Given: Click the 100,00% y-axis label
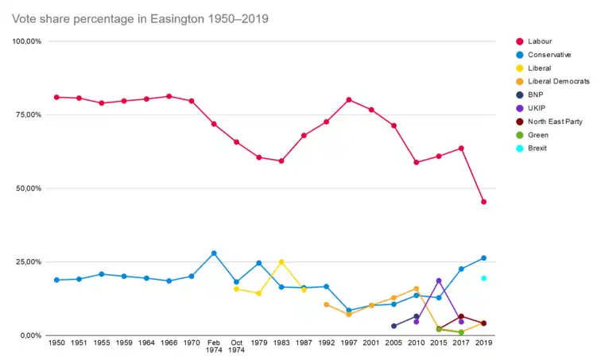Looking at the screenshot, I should (x=26, y=41).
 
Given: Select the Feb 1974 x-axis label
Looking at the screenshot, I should (x=214, y=346).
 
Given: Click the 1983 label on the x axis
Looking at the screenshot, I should (x=281, y=343).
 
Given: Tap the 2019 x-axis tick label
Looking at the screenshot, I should (x=483, y=343).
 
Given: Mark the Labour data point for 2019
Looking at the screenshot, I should (x=483, y=202).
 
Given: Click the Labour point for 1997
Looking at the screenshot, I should (x=349, y=100).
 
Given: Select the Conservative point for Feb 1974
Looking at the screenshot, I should (x=214, y=253).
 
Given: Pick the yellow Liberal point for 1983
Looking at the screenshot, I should (x=281, y=261).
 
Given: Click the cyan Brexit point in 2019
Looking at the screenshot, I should (x=483, y=278).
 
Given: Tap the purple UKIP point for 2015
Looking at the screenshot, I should (x=439, y=281).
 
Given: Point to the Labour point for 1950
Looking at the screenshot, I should (x=56, y=97).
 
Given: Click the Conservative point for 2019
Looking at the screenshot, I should (x=483, y=258).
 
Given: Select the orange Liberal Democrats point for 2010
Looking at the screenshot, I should (x=416, y=288).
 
